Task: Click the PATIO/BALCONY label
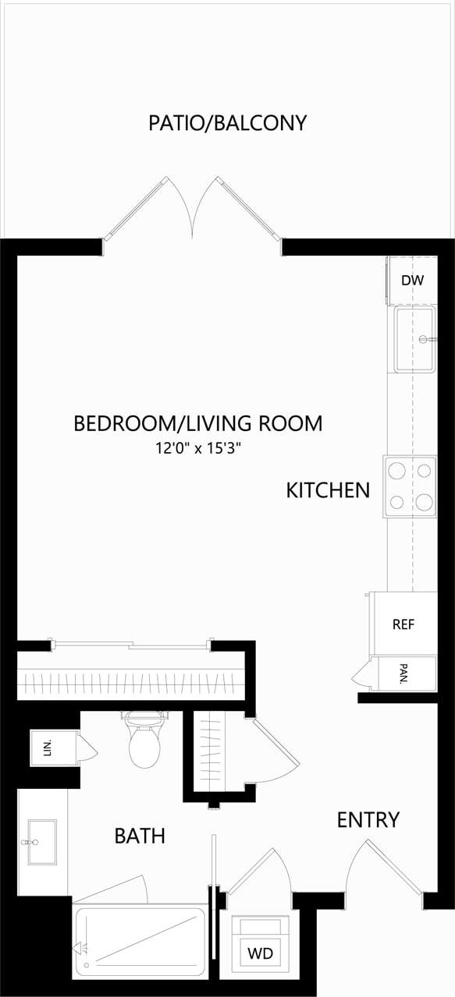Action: click(227, 123)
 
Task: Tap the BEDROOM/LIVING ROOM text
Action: click(197, 423)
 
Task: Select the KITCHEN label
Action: click(328, 490)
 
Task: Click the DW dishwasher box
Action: click(412, 280)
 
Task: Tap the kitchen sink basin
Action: click(414, 339)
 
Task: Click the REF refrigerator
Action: click(403, 624)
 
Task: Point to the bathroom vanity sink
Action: click(42, 842)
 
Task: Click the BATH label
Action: click(140, 836)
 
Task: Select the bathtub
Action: click(140, 942)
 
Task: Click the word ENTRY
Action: click(368, 819)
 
